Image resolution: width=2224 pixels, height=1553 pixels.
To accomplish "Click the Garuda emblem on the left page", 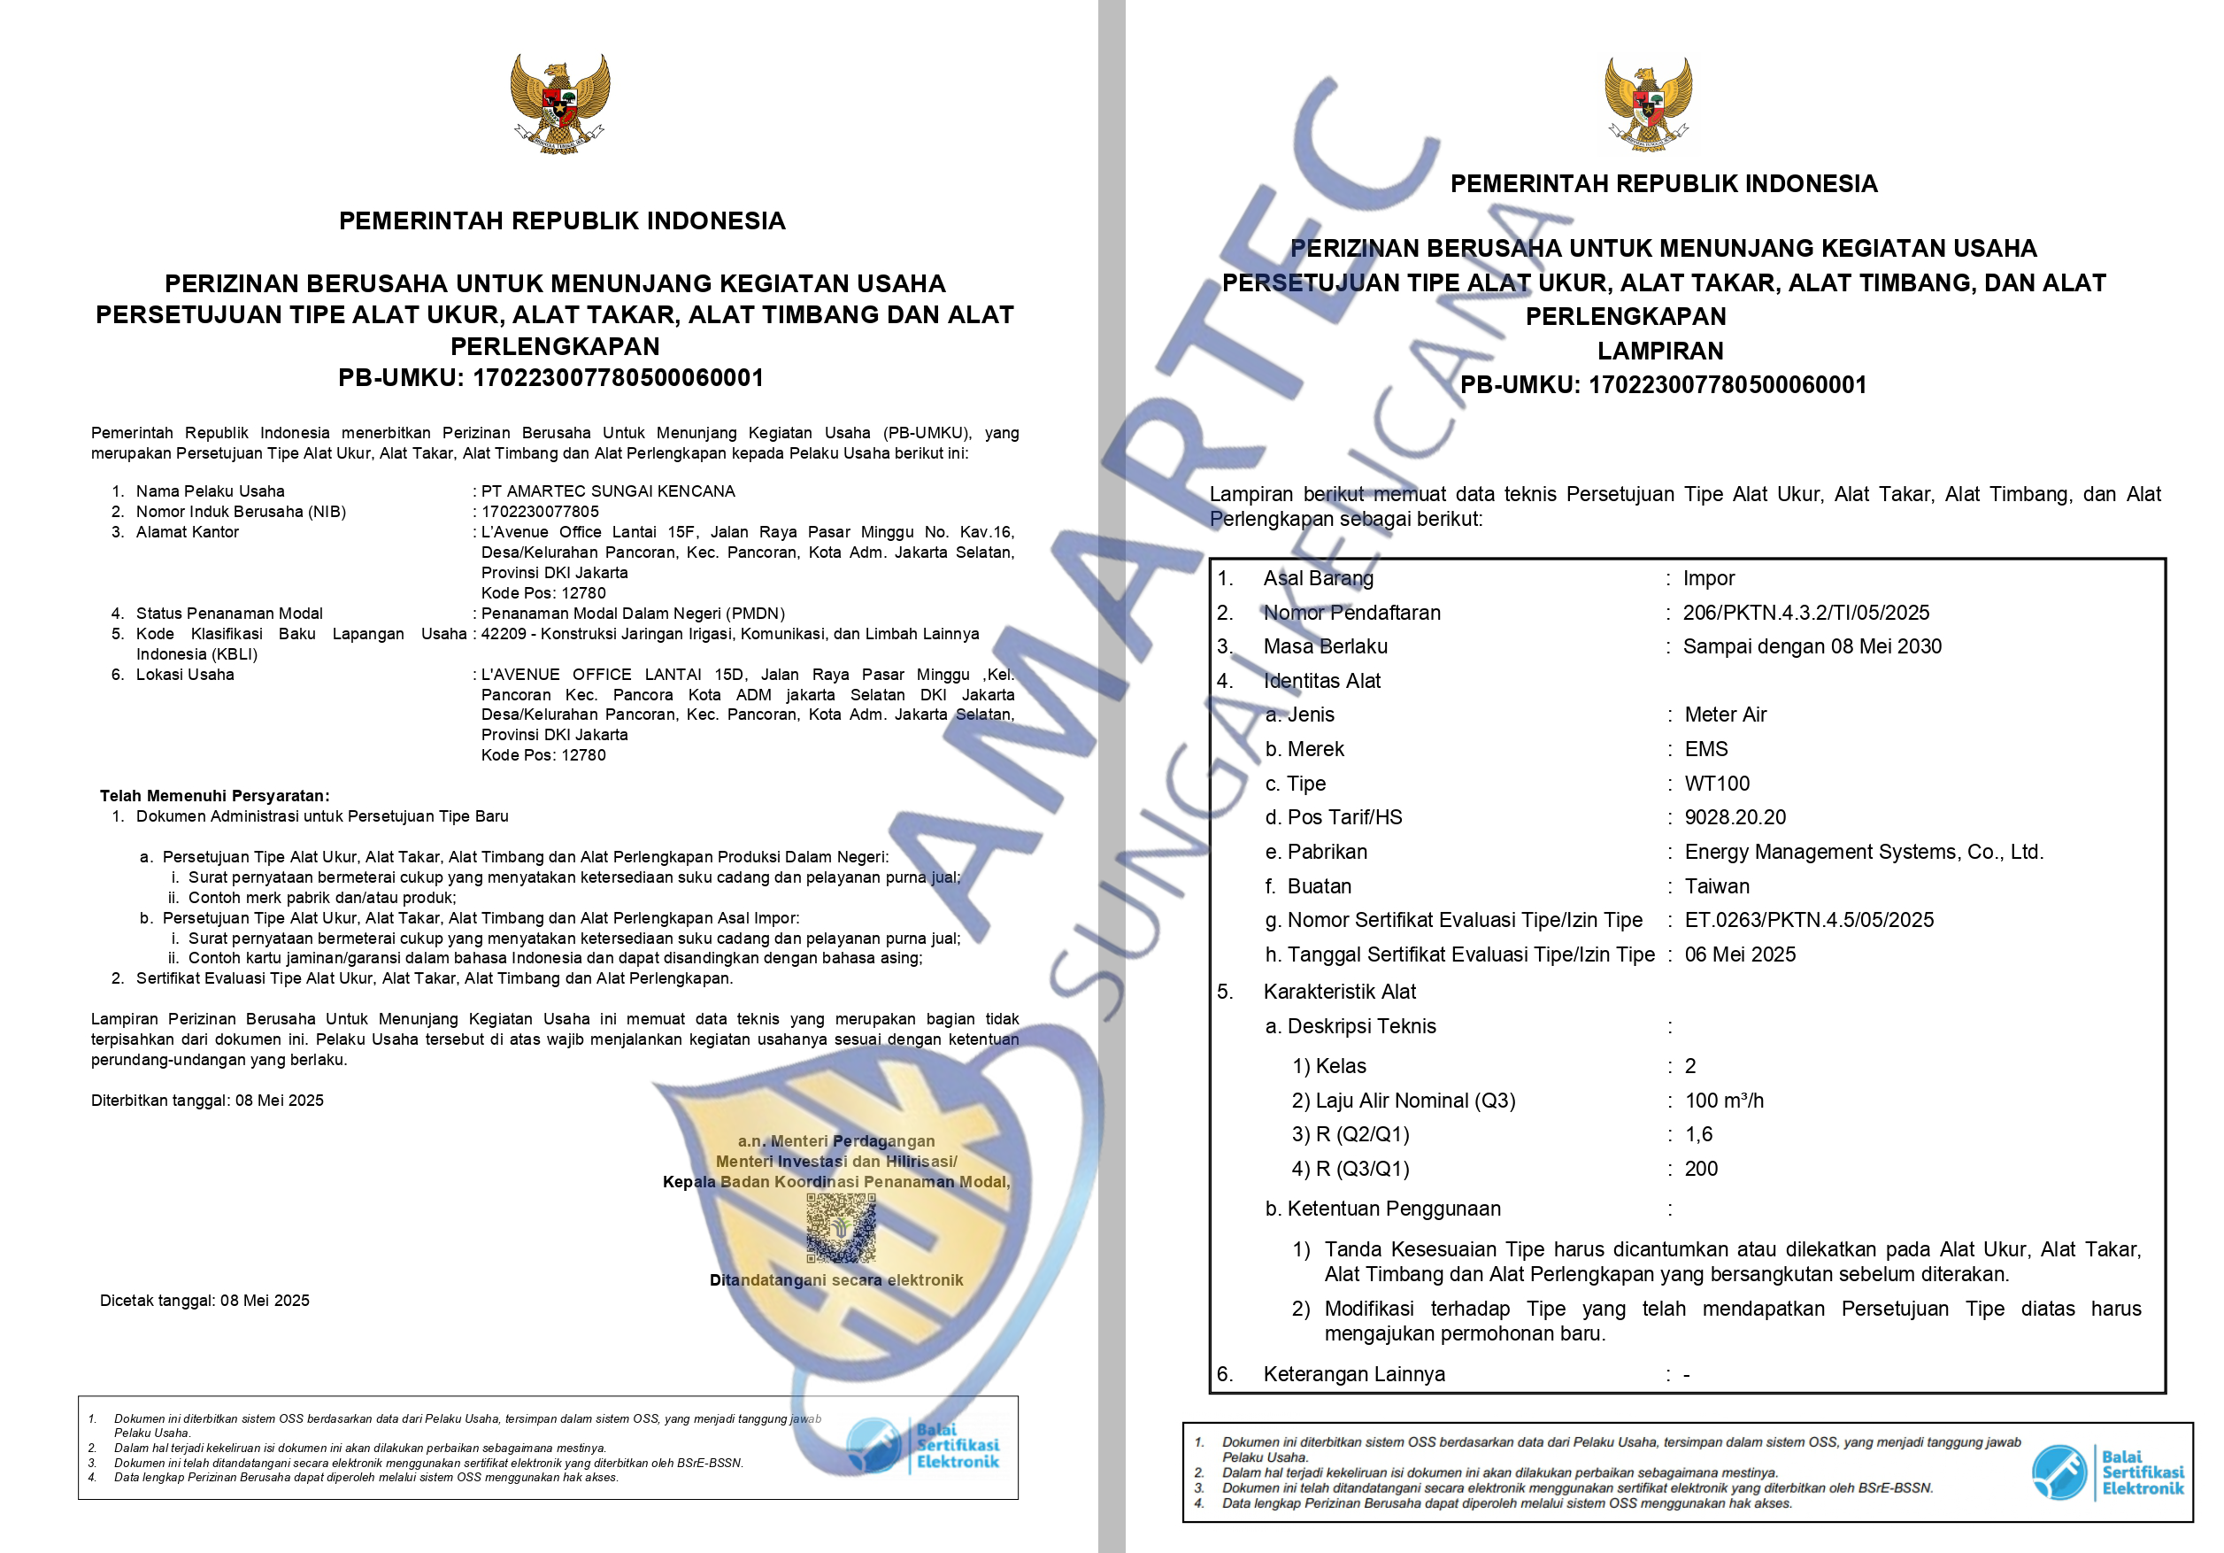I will click(560, 103).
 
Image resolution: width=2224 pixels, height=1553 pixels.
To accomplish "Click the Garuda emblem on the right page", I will click(1648, 104).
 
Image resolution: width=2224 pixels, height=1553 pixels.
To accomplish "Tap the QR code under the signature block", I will click(841, 1227).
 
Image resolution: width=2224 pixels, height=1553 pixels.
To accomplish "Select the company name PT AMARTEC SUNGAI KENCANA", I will click(607, 491).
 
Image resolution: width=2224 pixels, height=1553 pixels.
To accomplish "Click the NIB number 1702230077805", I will click(540, 512).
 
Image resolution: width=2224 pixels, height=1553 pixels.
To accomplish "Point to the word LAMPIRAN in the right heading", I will click(1659, 351).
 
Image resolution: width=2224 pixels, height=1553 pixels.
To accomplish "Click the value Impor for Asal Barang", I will click(1709, 578).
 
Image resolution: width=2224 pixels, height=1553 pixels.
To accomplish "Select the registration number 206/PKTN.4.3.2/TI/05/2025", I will click(1805, 613).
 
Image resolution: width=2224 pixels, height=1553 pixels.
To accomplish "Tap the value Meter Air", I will click(1725, 715).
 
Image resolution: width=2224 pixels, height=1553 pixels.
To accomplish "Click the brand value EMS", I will click(1705, 749).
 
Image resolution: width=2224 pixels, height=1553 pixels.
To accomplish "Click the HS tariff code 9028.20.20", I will click(1735, 818).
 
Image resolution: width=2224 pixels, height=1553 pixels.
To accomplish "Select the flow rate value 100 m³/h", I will click(1724, 1101).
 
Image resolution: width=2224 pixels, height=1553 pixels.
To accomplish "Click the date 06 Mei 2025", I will click(1740, 954).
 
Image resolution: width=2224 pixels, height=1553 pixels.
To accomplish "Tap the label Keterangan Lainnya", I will click(1353, 1374).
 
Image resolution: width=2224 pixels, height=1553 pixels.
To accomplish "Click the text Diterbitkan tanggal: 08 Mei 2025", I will click(207, 1101).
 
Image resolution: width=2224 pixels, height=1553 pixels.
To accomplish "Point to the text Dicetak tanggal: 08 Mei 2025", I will click(204, 1300).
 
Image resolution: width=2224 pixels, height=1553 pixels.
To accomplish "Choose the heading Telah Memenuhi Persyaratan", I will click(214, 796).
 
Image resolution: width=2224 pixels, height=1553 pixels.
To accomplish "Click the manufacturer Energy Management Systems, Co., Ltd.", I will click(1864, 852).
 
